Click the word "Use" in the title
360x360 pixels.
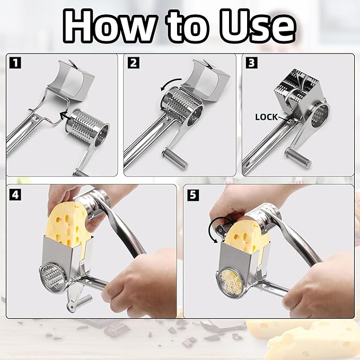click(x=256, y=25)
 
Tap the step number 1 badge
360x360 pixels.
click(x=15, y=63)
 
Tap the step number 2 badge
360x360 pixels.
click(x=134, y=63)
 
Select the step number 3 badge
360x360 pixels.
click(x=251, y=63)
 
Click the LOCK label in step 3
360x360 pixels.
click(x=267, y=117)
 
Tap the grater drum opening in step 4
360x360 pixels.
click(x=53, y=276)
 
